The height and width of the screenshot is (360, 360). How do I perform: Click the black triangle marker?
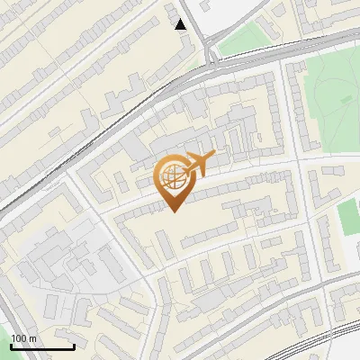182,24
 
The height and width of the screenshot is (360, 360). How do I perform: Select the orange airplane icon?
200,165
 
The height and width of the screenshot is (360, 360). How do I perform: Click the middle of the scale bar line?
42,346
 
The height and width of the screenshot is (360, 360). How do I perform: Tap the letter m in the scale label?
33,338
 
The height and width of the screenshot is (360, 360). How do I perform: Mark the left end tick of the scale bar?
11,345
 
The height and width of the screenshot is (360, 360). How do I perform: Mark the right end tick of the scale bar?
74,345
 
